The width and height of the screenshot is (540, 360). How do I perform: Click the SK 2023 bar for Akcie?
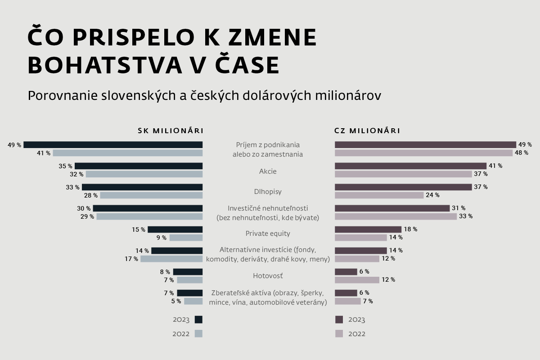(139, 166)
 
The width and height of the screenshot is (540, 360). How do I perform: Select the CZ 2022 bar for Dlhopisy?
(379, 195)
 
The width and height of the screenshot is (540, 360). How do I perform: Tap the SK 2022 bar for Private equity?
(186, 238)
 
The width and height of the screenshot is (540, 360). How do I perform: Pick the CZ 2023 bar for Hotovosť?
(346, 272)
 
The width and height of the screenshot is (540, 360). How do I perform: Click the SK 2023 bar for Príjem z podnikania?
(113, 145)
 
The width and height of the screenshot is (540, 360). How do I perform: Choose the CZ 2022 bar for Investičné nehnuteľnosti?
(396, 216)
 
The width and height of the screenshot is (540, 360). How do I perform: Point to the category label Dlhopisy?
(268, 192)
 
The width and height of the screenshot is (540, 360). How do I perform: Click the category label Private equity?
(268, 234)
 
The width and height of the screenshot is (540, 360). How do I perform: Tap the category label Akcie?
(268, 171)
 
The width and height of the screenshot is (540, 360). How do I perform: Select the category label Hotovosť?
(268, 276)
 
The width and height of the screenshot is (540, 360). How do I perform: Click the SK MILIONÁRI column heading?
(171, 131)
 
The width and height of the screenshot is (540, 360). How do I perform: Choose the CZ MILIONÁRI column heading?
(367, 131)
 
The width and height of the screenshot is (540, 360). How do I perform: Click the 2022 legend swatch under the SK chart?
(198, 334)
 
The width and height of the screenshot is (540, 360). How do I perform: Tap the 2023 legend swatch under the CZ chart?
(339, 319)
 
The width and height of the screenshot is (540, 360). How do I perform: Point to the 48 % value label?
(522, 153)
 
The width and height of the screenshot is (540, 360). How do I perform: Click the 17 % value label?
(131, 259)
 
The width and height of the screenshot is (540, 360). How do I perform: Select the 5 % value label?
(176, 301)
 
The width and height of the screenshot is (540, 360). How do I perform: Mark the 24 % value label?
(433, 195)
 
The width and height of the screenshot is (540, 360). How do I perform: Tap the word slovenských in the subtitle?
(139, 96)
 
